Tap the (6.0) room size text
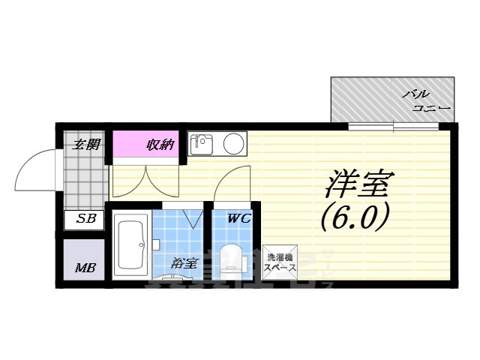354,217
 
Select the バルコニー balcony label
425,101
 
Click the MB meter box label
82,268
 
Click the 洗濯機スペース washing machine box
281,262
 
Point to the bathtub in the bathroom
132,244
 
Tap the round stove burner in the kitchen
234,142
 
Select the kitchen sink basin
202,142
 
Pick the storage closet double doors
145,178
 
